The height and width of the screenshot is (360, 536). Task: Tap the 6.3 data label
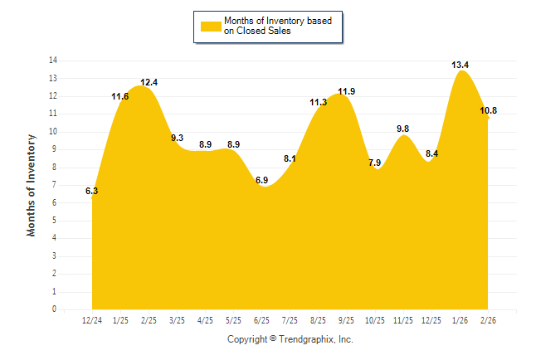92,191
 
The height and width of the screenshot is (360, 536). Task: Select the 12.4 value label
149,82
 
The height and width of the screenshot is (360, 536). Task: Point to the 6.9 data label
261,180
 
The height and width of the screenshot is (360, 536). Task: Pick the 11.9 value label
347,91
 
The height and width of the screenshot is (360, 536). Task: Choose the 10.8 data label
489,110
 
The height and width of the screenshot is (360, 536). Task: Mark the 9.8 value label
403,129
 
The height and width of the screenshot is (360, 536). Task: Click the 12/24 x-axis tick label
92,320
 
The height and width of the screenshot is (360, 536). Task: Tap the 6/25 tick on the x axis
261,320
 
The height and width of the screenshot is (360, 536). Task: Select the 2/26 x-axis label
488,320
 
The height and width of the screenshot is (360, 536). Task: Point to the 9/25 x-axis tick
347,320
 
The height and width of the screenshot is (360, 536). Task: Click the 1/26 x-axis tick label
460,320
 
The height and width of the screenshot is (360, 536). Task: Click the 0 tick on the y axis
55,309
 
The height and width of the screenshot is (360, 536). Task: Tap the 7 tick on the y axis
55,185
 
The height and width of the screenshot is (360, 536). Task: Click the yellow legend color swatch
210,27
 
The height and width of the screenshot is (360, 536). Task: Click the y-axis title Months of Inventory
32,185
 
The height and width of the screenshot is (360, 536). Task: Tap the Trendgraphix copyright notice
290,339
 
